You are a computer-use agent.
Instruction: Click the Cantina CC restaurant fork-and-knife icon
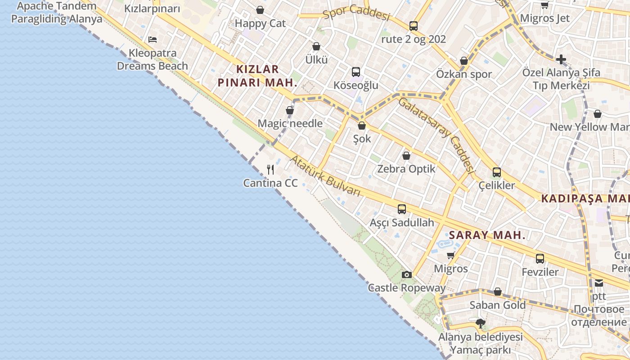(270, 170)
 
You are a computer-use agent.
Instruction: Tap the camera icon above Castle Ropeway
(406, 274)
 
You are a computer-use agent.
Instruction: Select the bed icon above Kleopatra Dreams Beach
(153, 40)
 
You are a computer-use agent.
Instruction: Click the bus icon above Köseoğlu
(356, 72)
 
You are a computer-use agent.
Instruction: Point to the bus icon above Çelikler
(497, 172)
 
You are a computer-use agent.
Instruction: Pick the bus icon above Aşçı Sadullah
(402, 209)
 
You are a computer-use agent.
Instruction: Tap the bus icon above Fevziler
(540, 259)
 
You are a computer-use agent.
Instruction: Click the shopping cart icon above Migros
(450, 256)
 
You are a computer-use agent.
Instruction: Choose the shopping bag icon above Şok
(362, 126)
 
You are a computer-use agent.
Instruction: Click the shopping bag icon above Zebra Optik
(406, 156)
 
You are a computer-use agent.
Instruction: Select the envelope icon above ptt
(599, 283)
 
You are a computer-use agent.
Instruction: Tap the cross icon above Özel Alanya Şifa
(561, 59)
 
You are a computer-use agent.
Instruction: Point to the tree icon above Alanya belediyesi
(481, 323)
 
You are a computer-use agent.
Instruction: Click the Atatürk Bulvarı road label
(325, 176)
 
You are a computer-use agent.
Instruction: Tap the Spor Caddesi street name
(356, 13)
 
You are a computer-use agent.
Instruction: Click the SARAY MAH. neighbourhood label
(487, 235)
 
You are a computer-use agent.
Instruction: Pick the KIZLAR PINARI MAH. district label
(257, 76)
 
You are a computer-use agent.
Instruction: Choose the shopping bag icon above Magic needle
(290, 110)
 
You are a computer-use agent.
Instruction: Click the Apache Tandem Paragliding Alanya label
(57, 13)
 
